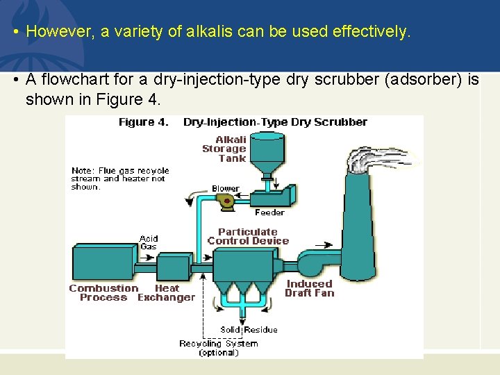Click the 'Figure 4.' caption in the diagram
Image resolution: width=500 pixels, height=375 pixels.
click(x=143, y=122)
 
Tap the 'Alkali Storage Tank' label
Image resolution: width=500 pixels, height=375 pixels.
click(x=224, y=149)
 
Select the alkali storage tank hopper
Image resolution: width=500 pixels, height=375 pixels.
click(x=267, y=157)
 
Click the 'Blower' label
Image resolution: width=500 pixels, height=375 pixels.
click(x=225, y=188)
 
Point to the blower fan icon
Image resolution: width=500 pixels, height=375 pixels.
click(x=226, y=200)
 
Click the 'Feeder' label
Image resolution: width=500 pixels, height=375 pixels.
click(x=269, y=212)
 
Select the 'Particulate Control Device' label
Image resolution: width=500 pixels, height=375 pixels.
click(x=248, y=236)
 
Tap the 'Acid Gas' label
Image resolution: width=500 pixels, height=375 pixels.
click(x=149, y=242)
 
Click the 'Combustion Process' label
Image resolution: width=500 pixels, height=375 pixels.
click(x=103, y=292)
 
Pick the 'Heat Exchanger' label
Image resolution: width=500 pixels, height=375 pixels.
click(x=166, y=292)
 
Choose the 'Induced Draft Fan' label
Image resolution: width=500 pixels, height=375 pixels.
click(x=310, y=288)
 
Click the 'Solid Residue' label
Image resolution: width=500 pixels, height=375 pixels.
click(x=249, y=329)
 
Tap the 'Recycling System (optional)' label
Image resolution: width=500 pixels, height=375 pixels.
click(x=218, y=347)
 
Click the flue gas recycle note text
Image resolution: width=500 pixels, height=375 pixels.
click(x=119, y=178)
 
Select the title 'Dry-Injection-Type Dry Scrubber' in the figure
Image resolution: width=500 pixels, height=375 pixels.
click(x=275, y=122)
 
